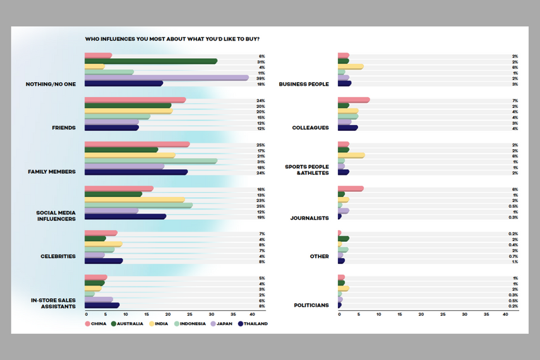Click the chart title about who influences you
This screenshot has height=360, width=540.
point(172,39)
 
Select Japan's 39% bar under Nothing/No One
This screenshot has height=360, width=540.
point(166,78)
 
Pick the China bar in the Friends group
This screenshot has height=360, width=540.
point(135,100)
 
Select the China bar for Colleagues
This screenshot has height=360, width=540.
point(353,100)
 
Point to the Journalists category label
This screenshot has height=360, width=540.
point(309,218)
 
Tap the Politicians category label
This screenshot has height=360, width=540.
point(311,305)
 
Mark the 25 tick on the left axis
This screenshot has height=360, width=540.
point(190,314)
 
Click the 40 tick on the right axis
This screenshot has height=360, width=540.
point(505,314)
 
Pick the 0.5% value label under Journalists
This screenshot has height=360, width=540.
point(514,206)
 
